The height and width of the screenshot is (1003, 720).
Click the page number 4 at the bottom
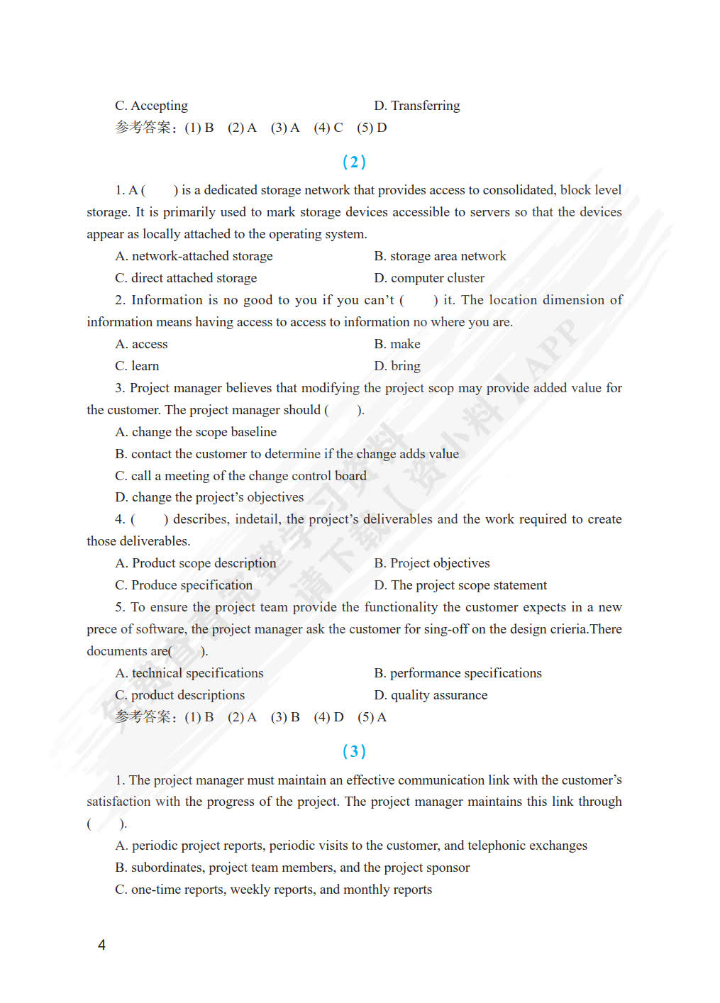101,945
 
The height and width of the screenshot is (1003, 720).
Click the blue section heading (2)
354,162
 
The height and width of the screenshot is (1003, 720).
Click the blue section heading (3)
354,750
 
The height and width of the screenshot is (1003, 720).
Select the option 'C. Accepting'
151,106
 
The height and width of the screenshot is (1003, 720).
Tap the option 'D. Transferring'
416,106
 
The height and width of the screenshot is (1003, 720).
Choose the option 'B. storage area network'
440,256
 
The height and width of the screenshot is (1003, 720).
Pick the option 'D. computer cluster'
429,278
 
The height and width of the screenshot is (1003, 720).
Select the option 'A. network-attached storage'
194,256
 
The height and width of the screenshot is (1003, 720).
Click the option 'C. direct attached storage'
186,278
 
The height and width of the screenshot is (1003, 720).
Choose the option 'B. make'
397,344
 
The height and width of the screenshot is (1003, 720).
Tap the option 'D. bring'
397,366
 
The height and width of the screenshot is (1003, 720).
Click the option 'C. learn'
137,366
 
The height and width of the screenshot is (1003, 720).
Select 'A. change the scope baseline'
196,432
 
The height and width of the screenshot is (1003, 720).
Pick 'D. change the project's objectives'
209,497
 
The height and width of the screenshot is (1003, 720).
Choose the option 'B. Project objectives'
431,563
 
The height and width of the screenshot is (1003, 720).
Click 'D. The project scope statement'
460,585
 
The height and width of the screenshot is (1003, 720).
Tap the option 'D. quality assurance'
431,695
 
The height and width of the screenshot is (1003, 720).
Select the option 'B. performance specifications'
458,673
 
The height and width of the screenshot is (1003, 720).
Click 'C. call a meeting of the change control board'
240,476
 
